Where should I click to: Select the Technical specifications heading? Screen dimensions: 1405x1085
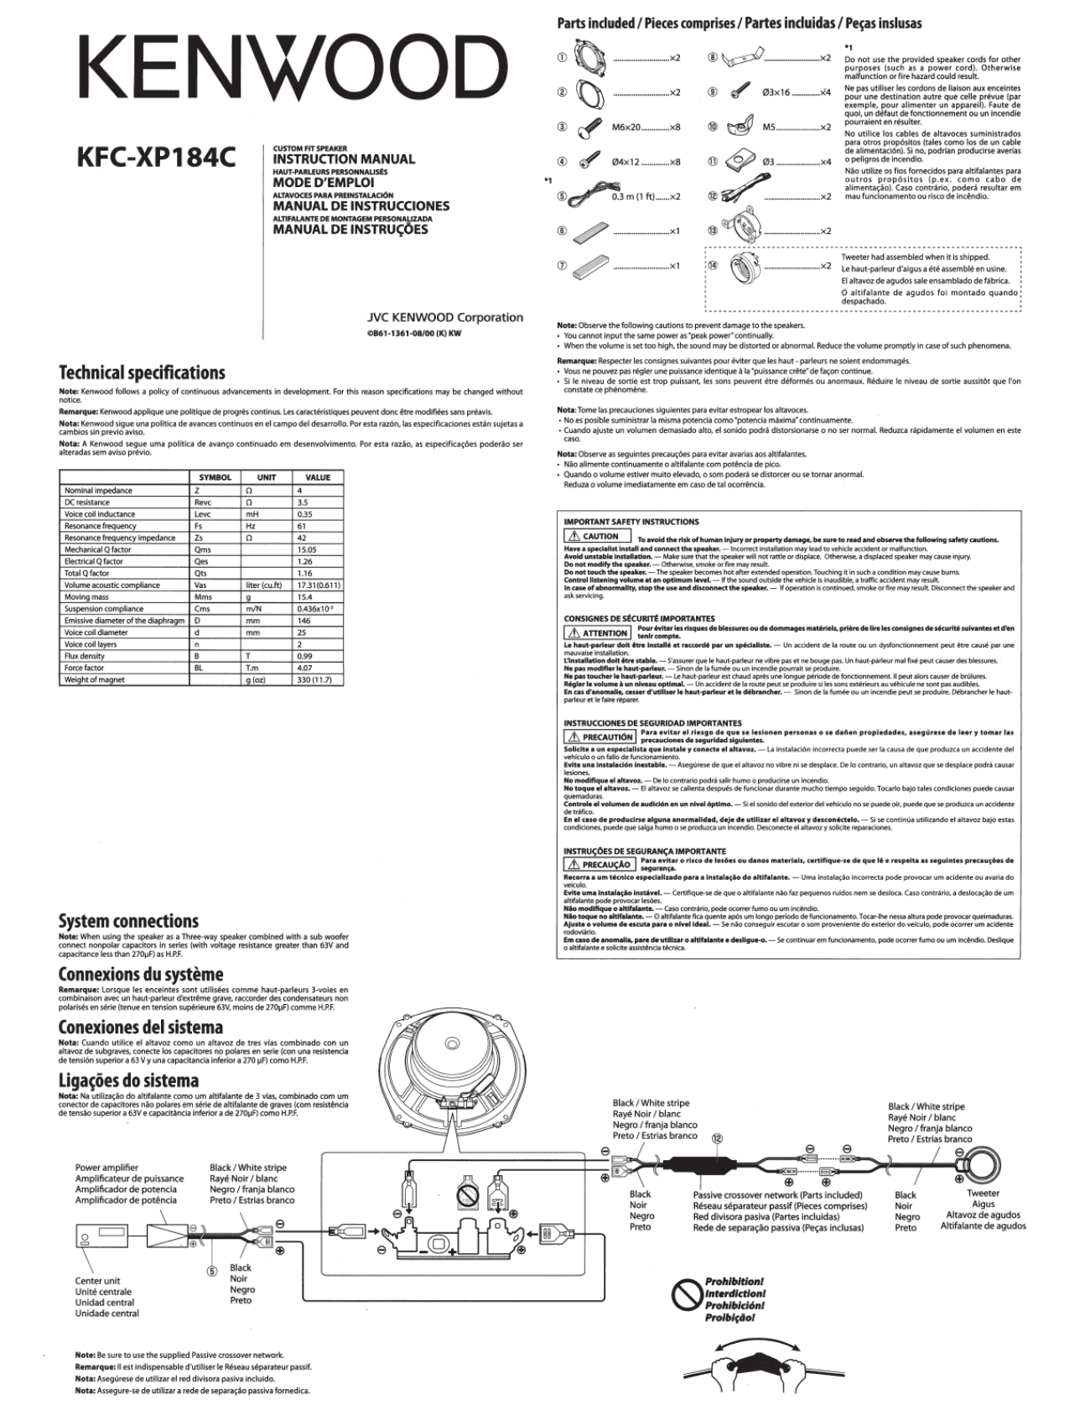[x=142, y=372]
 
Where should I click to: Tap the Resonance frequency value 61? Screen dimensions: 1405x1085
[x=302, y=526]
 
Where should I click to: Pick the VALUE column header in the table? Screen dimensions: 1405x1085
[x=318, y=477]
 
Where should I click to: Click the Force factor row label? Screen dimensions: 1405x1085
[x=84, y=668]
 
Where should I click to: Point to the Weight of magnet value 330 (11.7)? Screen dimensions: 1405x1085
[x=314, y=679]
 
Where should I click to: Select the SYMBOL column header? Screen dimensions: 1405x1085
[x=215, y=477]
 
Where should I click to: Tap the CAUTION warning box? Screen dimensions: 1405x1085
[x=594, y=536]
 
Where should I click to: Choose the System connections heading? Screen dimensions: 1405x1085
[x=128, y=921]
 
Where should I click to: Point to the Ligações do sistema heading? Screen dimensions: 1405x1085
[x=128, y=1080]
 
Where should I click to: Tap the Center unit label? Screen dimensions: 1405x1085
[x=97, y=1281]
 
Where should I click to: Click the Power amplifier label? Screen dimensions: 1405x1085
[x=106, y=1167]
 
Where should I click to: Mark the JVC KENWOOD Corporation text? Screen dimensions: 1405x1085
[x=444, y=317]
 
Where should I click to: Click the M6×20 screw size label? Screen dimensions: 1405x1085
[x=626, y=127]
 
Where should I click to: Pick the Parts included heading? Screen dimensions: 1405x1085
[x=739, y=23]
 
